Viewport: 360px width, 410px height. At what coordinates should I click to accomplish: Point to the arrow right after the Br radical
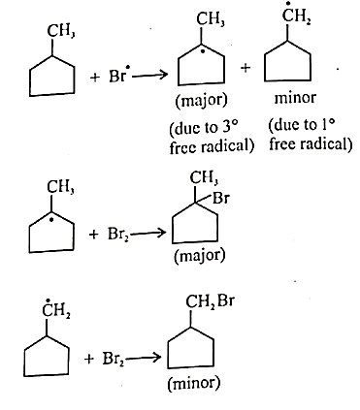(149, 76)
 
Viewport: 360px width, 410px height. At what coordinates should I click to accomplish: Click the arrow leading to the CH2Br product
(143, 358)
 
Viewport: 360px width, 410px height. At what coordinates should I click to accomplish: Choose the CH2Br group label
(210, 302)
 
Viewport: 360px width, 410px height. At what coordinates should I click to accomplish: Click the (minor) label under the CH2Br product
(194, 384)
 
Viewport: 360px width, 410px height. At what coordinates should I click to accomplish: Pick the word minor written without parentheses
(295, 98)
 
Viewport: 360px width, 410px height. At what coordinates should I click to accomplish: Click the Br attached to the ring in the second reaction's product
(221, 198)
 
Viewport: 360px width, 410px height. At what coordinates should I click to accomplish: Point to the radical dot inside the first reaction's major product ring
(203, 51)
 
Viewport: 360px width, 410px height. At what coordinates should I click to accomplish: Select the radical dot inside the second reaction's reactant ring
(51, 220)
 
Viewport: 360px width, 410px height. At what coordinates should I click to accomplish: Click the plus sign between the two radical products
(245, 68)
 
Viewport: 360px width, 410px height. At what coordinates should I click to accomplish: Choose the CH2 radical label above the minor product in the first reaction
(297, 14)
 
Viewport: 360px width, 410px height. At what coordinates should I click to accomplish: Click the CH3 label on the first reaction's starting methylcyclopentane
(61, 32)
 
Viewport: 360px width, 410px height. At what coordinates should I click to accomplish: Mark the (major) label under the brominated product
(199, 257)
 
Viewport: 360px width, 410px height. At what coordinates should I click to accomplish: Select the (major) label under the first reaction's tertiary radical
(202, 101)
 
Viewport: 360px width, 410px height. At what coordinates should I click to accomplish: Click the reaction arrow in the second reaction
(147, 233)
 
